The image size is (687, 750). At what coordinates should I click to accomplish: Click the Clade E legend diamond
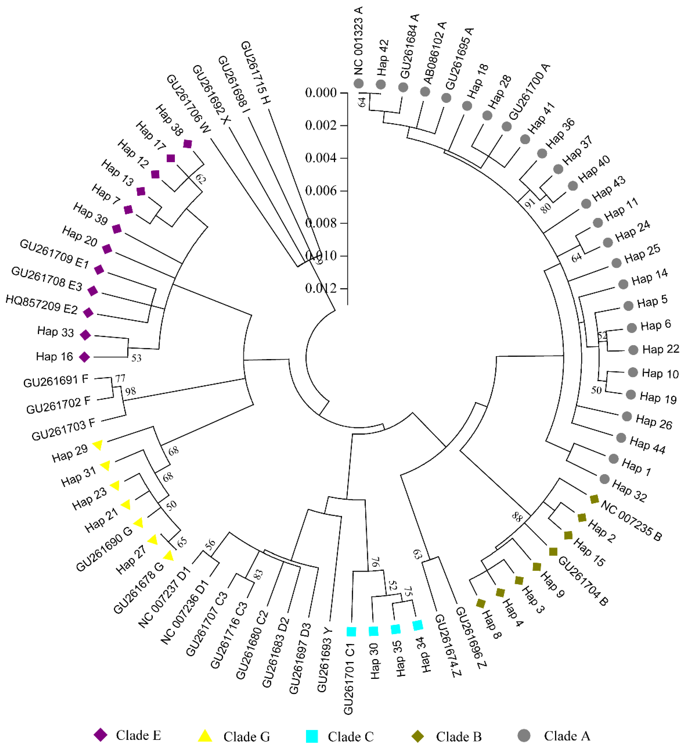click(x=101, y=735)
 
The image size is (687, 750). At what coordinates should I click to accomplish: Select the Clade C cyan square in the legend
click(x=312, y=736)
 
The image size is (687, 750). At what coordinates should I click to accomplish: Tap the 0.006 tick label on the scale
click(x=321, y=190)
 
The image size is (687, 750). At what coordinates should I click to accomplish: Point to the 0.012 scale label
click(x=321, y=288)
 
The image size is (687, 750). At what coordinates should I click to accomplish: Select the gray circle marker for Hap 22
click(x=633, y=350)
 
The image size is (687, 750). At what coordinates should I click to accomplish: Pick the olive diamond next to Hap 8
click(x=481, y=603)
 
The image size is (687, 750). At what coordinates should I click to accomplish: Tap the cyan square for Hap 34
click(x=418, y=625)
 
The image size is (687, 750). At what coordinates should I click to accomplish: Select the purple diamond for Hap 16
click(x=85, y=357)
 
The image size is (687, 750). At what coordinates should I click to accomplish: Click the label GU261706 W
click(x=188, y=103)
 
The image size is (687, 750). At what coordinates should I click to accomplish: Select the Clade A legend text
click(x=567, y=736)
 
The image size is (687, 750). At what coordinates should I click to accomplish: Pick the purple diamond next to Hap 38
click(x=188, y=144)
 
